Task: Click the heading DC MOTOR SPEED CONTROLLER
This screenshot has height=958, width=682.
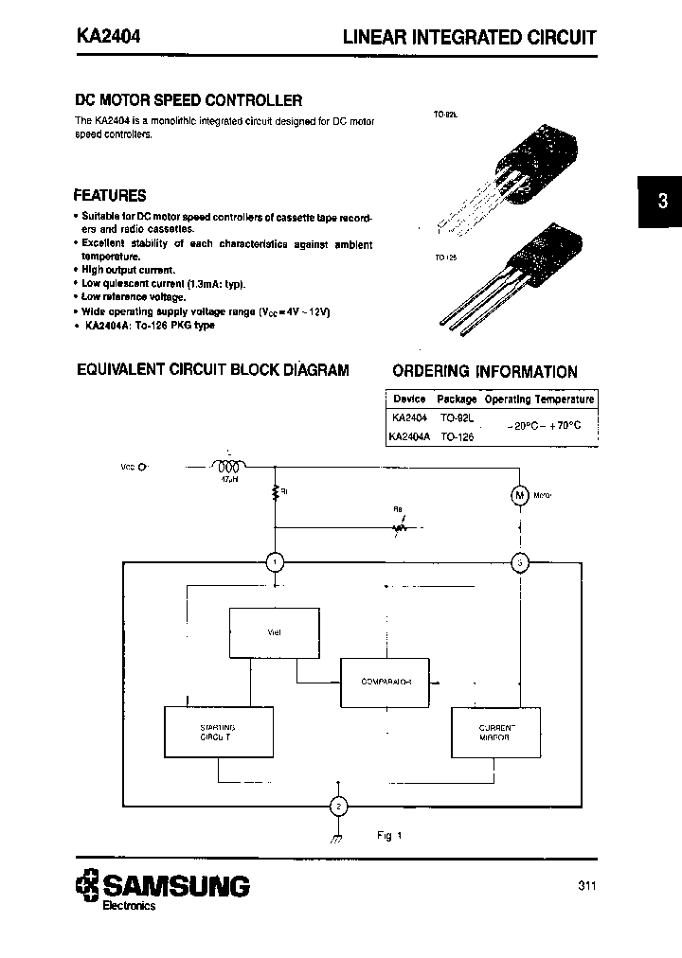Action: [188, 100]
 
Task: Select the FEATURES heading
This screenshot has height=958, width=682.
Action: [110, 196]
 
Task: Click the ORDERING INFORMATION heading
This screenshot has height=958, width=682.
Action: [484, 372]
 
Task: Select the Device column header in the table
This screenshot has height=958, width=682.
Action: [409, 399]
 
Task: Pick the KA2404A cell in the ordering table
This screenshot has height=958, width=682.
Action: [410, 437]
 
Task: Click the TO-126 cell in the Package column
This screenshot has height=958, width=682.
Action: [457, 437]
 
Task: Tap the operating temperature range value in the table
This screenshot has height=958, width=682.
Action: [543, 427]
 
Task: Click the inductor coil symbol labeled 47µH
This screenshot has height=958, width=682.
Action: [227, 466]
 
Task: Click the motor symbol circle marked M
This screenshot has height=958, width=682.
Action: [519, 494]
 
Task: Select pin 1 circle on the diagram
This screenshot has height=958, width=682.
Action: [274, 563]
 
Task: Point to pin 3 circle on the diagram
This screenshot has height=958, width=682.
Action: [519, 563]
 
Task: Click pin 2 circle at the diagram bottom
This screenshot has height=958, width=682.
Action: [338, 806]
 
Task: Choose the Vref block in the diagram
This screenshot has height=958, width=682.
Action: [274, 632]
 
